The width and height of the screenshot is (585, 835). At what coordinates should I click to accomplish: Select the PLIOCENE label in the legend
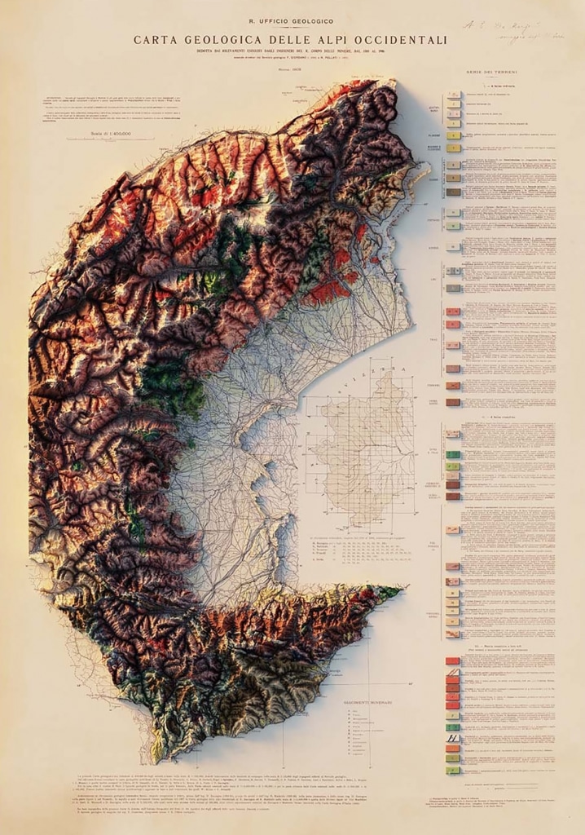[433, 135]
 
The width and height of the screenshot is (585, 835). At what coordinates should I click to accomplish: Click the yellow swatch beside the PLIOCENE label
[453, 135]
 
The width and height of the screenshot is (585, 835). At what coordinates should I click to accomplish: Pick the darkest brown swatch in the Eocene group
[453, 192]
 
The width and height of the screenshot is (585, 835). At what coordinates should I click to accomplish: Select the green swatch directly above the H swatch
[452, 727]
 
